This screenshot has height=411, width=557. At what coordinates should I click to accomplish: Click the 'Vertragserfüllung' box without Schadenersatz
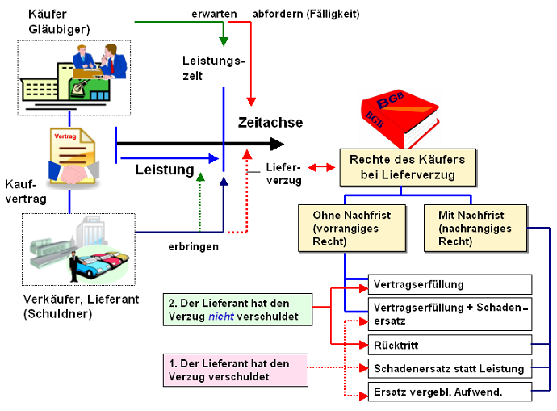pyautogui.click(x=450, y=284)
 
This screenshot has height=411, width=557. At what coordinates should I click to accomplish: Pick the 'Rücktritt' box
pyautogui.click(x=450, y=346)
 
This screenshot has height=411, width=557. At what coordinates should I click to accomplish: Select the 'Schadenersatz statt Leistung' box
pyautogui.click(x=450, y=369)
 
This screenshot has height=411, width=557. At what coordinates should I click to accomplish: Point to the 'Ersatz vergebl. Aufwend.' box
pyautogui.click(x=450, y=392)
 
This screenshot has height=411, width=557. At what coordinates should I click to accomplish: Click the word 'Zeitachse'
pyautogui.click(x=270, y=123)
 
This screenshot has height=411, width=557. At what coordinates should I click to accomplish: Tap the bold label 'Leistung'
pyautogui.click(x=165, y=170)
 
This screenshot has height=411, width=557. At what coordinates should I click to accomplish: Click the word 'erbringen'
pyautogui.click(x=193, y=245)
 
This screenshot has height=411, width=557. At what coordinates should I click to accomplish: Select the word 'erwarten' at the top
pyautogui.click(x=214, y=14)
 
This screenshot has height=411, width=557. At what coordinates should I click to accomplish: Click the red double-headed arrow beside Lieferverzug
pyautogui.click(x=320, y=168)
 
